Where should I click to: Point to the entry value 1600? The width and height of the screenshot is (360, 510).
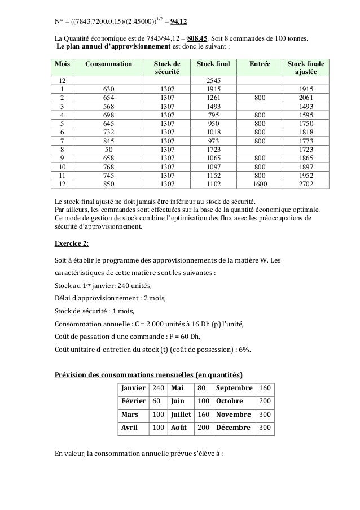(259, 182)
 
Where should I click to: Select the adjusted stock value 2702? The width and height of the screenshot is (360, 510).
(306, 182)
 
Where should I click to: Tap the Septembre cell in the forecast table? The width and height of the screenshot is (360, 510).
(234, 389)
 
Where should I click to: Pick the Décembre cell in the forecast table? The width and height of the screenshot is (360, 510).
(233, 428)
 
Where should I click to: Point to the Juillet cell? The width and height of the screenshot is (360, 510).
(181, 415)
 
